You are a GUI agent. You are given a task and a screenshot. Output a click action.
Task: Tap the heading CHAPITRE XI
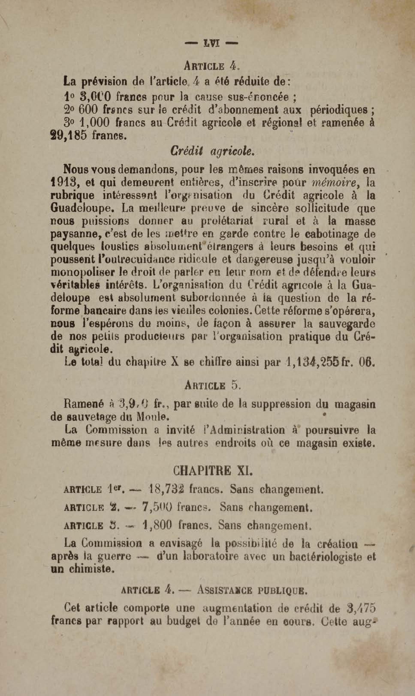point(213,470)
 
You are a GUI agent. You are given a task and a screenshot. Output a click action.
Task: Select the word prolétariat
point(227,221)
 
